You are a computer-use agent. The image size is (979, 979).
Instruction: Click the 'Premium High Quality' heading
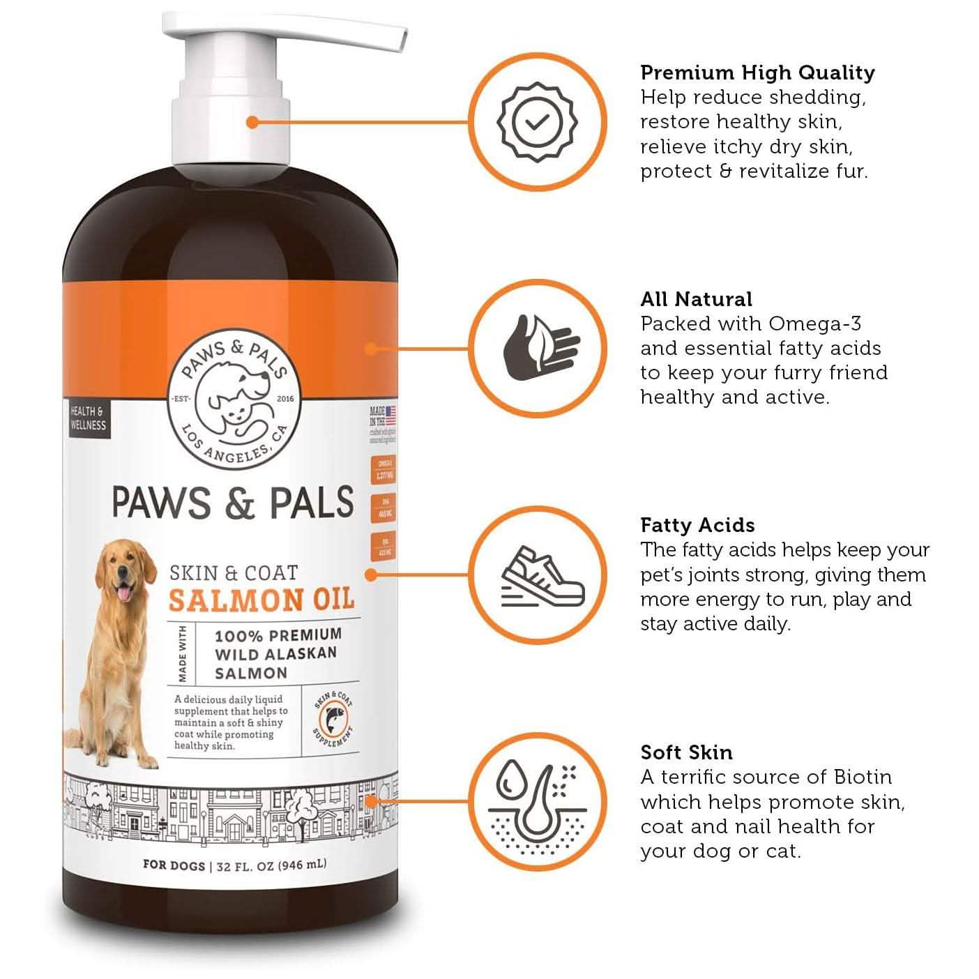757,73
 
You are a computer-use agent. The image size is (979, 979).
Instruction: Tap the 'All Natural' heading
696,299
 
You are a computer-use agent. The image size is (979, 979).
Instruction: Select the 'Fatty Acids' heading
697,525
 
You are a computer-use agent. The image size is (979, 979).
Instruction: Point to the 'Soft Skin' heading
686,752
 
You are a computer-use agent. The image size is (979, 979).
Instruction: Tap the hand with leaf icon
540,348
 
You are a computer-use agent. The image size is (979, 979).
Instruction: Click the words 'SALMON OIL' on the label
261,599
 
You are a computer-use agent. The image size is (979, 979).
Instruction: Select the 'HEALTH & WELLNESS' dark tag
88,418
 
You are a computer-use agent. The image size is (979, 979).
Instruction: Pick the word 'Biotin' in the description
862,777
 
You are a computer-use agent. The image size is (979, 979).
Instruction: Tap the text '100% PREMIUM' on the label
278,635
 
